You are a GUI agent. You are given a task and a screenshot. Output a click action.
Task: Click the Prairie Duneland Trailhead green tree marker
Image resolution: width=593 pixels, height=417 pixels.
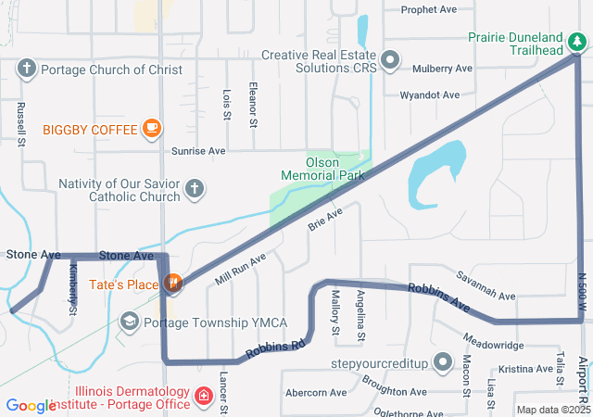coord(577,41)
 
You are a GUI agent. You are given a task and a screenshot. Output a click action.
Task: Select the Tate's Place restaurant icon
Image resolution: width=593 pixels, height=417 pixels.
coord(171,284)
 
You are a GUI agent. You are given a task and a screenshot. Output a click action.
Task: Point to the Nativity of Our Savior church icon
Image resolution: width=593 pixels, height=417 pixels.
coord(194,190)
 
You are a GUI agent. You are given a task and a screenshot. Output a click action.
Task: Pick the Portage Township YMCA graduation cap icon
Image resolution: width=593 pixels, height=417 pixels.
coord(130,322)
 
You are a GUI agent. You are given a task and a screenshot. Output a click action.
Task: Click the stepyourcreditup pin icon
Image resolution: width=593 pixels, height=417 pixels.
coord(445,360)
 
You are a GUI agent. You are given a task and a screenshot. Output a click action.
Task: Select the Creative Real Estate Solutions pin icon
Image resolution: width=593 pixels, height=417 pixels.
coord(391,61)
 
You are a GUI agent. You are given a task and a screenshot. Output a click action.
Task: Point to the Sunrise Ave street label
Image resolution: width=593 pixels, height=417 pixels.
coord(198,150)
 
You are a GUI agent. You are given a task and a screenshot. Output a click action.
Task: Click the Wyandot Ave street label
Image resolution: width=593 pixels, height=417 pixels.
coord(430,95)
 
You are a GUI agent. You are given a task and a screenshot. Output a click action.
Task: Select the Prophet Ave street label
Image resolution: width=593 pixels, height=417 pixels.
coord(429,10)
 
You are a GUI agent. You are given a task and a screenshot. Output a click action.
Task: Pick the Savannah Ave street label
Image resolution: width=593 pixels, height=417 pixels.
coord(486,288)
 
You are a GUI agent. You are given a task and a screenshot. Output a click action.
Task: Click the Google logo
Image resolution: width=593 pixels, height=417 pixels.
coord(31,406)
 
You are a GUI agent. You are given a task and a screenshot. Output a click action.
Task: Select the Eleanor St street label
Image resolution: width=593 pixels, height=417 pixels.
coord(253,102)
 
